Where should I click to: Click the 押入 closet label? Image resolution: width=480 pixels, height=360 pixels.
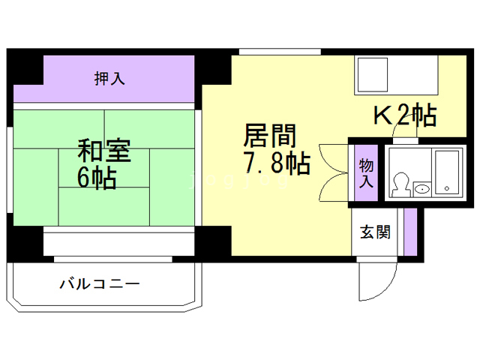[x=109, y=77]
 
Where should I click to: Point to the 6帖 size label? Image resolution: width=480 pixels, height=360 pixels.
[x=97, y=178]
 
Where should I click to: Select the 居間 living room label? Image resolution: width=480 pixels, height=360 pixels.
[x=269, y=136]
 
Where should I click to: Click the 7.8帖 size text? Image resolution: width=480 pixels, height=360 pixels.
[x=275, y=163]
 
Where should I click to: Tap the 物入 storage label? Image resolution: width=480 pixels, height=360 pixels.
[x=366, y=172]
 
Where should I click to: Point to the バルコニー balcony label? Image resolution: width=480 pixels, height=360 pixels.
[x=100, y=284]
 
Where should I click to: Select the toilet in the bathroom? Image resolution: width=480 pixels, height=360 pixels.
[x=400, y=184]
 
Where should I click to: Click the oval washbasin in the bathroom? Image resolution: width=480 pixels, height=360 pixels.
[x=422, y=188]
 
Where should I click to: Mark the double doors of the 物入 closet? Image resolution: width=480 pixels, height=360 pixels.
[x=328, y=170]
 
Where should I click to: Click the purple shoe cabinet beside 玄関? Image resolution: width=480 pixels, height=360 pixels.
[x=409, y=232]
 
